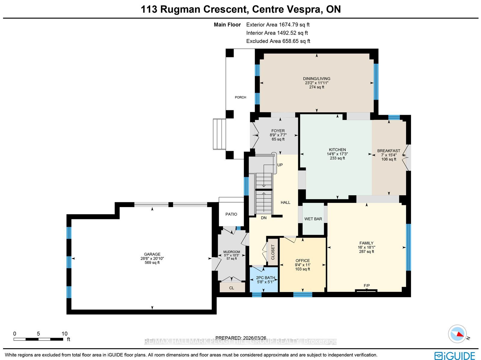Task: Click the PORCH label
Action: point(240,97)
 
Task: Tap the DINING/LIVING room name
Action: point(317,79)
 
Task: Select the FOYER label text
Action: point(278,131)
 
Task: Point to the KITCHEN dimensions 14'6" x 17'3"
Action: point(337,154)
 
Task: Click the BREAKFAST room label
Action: point(388,151)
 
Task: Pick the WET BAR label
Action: point(313,219)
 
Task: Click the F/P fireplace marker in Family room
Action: point(366,285)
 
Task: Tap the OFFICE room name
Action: point(303,261)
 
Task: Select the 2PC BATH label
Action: point(265,278)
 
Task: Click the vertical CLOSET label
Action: point(273,252)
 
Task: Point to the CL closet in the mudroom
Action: point(231,288)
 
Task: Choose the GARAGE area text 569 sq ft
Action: point(152,263)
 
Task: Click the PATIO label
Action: point(231,214)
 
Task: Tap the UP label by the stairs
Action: point(280,165)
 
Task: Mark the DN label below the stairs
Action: point(264,218)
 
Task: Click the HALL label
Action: point(285,203)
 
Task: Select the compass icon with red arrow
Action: point(457,334)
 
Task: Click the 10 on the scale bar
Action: point(64,334)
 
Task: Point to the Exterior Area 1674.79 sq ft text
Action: point(278,25)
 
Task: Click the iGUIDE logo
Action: point(455,356)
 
